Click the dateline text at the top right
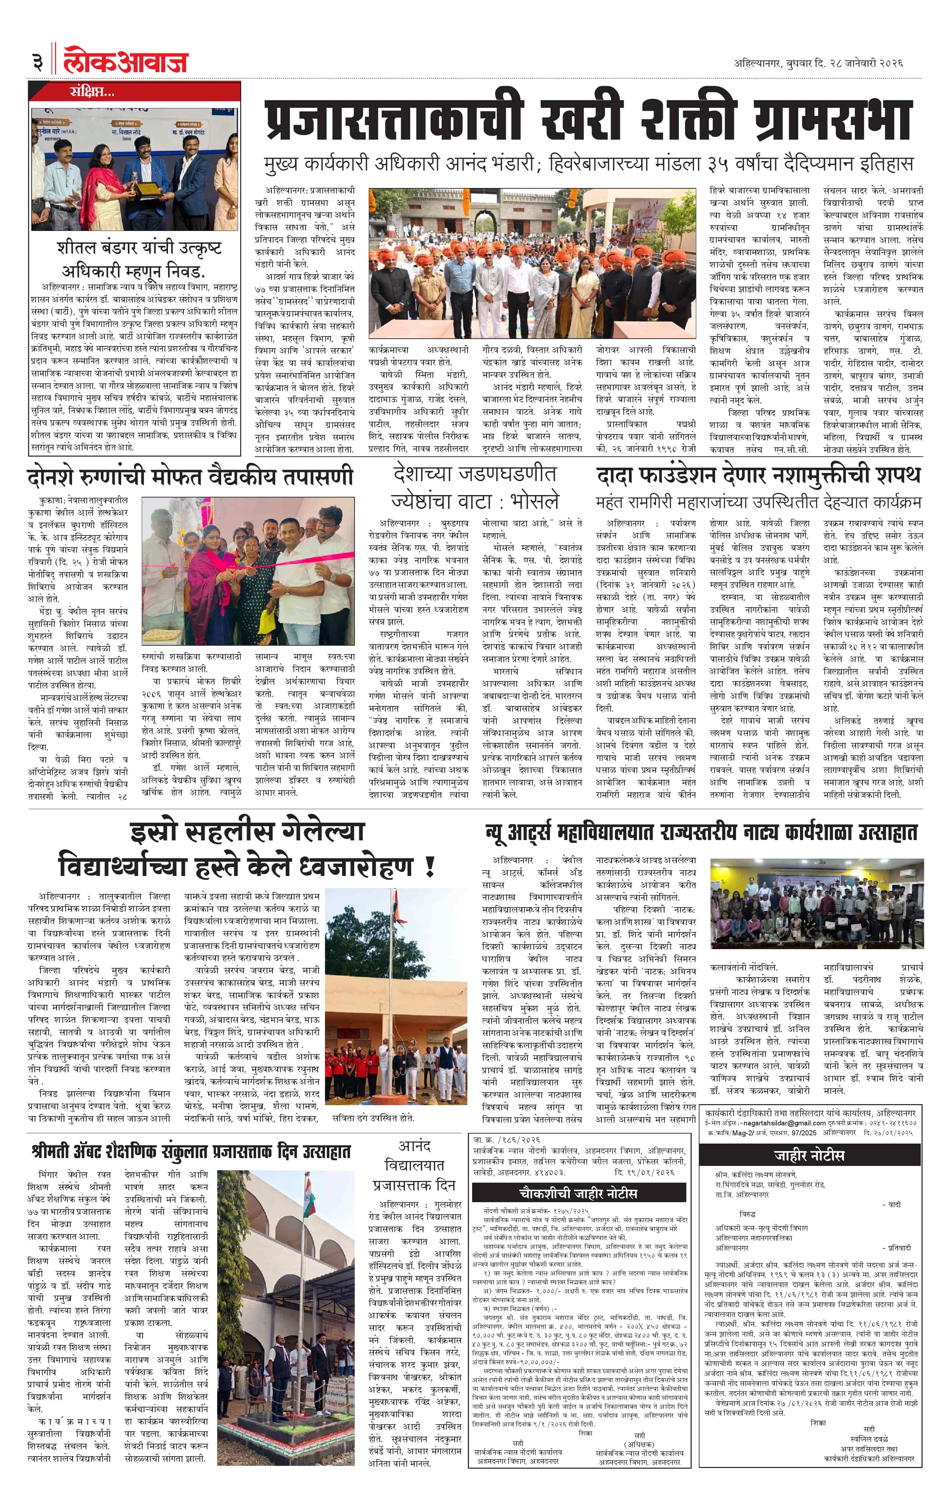[818, 63]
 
